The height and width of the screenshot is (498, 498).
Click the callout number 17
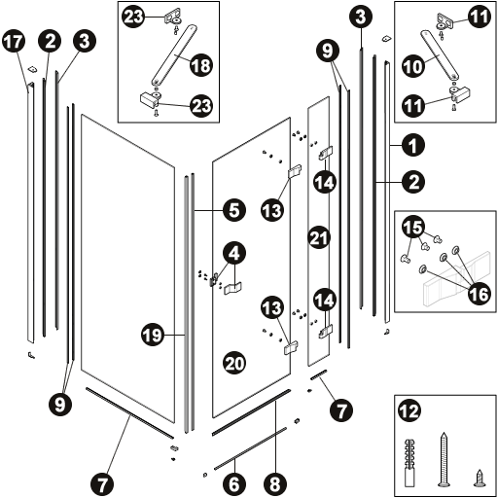click(x=14, y=42)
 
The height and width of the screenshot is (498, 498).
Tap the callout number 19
click(x=153, y=335)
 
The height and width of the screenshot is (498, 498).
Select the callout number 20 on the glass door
click(x=234, y=363)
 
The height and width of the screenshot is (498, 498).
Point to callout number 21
click(x=319, y=237)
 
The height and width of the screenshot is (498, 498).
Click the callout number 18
click(x=201, y=65)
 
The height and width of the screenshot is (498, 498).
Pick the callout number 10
click(x=413, y=66)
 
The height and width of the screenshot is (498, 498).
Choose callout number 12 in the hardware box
click(x=409, y=410)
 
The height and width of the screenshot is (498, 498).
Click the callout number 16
click(x=479, y=294)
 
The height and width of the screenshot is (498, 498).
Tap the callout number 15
click(x=413, y=227)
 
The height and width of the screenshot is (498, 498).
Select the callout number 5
click(x=234, y=210)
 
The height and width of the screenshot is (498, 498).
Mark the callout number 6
click(x=234, y=484)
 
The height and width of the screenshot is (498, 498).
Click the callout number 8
click(x=275, y=484)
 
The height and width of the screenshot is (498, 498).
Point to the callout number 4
click(x=234, y=253)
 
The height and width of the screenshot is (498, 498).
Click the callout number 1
click(x=413, y=145)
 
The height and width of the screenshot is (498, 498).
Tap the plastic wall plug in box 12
click(x=410, y=463)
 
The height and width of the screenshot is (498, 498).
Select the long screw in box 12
click(x=444, y=459)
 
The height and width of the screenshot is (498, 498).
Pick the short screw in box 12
click(x=479, y=479)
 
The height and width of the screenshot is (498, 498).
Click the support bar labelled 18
click(x=174, y=55)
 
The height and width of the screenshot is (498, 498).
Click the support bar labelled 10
click(x=440, y=54)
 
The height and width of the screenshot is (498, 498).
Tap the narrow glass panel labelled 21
click(x=318, y=231)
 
